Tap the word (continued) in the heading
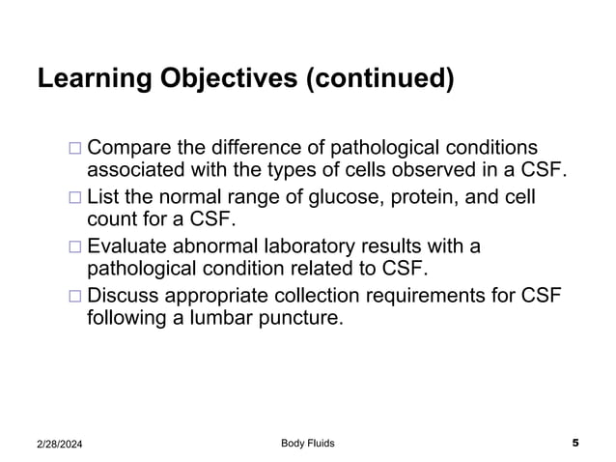(380, 78)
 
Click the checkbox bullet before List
(76, 199)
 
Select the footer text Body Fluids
(308, 443)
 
